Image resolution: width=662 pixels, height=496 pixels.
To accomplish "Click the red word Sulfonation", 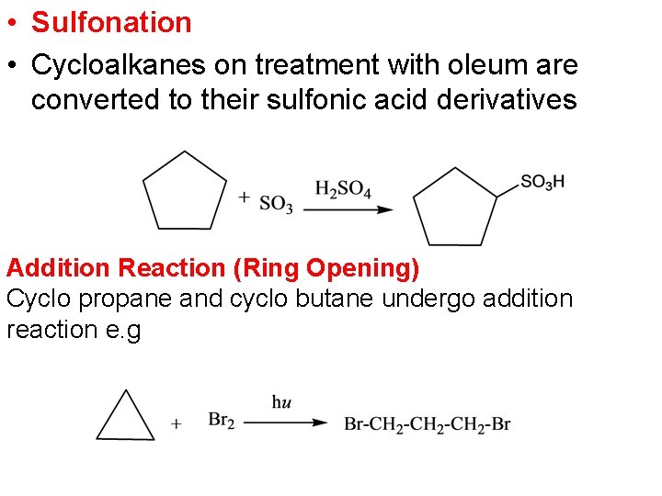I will (x=111, y=22).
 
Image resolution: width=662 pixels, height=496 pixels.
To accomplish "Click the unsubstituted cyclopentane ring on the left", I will (x=185, y=192).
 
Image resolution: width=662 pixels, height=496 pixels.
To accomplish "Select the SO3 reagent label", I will (x=276, y=203).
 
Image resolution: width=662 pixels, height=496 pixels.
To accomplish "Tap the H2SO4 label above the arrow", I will (x=343, y=189).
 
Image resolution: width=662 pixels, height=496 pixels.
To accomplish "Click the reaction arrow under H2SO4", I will (x=348, y=209).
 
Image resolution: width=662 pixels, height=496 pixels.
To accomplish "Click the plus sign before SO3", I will (x=244, y=196).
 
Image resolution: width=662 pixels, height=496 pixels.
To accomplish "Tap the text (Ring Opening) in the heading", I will (x=326, y=268).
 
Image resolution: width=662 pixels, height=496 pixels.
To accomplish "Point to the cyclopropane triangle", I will (x=126, y=419).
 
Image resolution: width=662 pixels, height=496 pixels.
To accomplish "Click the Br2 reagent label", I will (x=222, y=421).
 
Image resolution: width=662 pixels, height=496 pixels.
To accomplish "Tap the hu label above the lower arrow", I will (x=282, y=401).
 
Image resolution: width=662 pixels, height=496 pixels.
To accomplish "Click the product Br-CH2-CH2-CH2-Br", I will (x=427, y=423).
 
